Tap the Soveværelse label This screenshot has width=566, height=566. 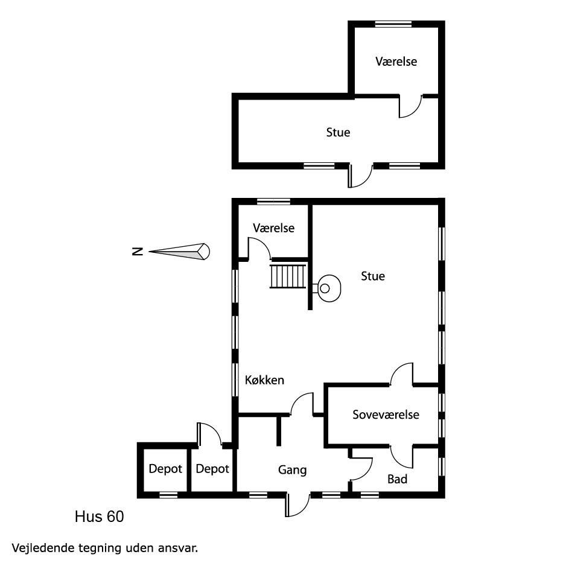click(386, 415)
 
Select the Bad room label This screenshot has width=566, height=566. click(397, 479)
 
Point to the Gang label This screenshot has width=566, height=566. click(292, 470)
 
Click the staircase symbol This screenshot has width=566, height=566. click(288, 276)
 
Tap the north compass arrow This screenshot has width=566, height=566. click(179, 252)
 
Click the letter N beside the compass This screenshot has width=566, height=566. click(138, 252)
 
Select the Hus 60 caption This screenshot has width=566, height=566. click(100, 517)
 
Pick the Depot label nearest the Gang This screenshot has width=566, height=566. click(212, 468)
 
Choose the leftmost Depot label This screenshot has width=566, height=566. click(165, 468)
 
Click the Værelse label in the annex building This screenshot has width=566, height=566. click(396, 62)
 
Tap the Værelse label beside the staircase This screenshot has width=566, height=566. click(273, 227)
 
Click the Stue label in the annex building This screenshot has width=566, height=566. click(338, 132)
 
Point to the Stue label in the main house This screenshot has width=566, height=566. click(372, 276)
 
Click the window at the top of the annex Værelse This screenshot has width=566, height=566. click(393, 24)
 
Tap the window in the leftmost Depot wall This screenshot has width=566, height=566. click(168, 495)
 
